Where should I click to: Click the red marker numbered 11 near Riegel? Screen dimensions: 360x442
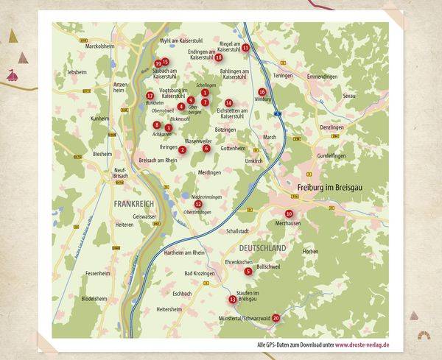[x=246, y=48]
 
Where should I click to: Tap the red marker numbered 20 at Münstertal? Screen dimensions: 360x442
[x=276, y=318]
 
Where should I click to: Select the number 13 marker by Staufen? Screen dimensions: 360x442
[x=233, y=300]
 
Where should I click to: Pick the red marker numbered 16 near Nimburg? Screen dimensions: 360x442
[x=262, y=92]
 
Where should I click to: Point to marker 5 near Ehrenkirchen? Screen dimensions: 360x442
[x=248, y=272]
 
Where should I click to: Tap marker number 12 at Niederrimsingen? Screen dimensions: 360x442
[x=197, y=204]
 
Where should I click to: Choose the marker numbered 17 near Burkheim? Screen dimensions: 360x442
[x=150, y=96]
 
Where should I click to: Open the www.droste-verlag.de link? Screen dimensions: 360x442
[x=362, y=345]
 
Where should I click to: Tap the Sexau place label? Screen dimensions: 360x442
[x=369, y=96]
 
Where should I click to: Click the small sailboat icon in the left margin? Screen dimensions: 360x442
[x=13, y=74]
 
